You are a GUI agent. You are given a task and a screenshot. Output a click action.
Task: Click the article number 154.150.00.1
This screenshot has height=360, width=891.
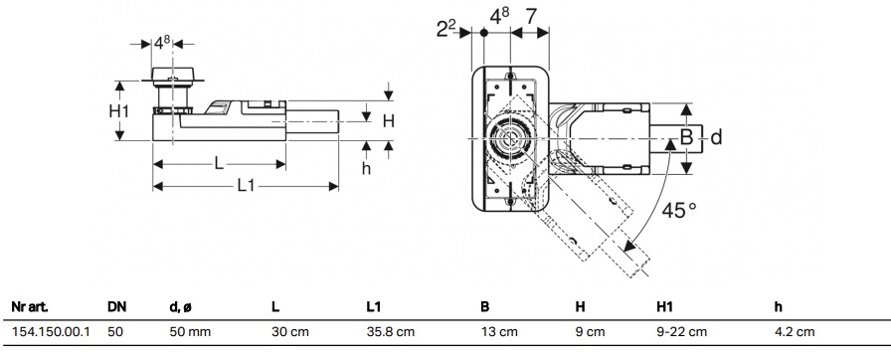coord(51,331)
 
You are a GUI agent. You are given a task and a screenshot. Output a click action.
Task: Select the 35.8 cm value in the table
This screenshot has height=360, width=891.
coord(391,331)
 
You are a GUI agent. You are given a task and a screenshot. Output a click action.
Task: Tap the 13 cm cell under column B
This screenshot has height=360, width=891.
coord(499,331)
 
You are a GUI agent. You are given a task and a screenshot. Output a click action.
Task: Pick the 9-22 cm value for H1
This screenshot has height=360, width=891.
coord(682,331)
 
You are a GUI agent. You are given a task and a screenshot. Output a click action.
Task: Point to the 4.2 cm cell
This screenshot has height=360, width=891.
coord(795,331)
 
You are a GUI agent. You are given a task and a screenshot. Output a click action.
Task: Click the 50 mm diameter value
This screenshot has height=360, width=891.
coord(190,331)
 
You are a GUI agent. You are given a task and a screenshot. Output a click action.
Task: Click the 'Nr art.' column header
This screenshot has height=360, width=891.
coord(30,307)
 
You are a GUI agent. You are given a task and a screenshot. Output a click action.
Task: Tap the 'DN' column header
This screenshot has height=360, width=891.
coord(117,307)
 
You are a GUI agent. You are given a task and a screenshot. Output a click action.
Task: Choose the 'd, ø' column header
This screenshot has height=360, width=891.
coord(181,307)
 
